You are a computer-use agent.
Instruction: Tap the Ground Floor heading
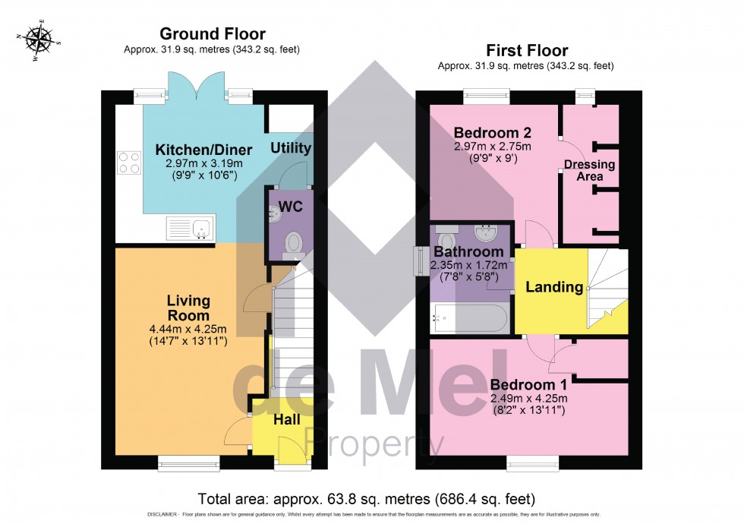point(212,34)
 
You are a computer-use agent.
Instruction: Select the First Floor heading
point(526,51)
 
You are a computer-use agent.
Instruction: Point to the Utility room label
point(292,148)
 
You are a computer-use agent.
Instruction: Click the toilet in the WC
point(292,242)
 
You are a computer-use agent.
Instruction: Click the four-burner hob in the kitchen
point(129,163)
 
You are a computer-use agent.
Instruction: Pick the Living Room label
point(188,308)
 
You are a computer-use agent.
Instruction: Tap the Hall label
point(286,419)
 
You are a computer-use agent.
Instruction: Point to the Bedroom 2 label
point(480,131)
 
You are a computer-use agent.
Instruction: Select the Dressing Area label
point(590,170)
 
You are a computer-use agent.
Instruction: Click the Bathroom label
point(468,251)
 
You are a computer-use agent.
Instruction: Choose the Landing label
point(554,287)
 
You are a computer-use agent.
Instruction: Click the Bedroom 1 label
point(528,384)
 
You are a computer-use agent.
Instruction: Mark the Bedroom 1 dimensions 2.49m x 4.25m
point(529,398)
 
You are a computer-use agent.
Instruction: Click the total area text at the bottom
point(367,499)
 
